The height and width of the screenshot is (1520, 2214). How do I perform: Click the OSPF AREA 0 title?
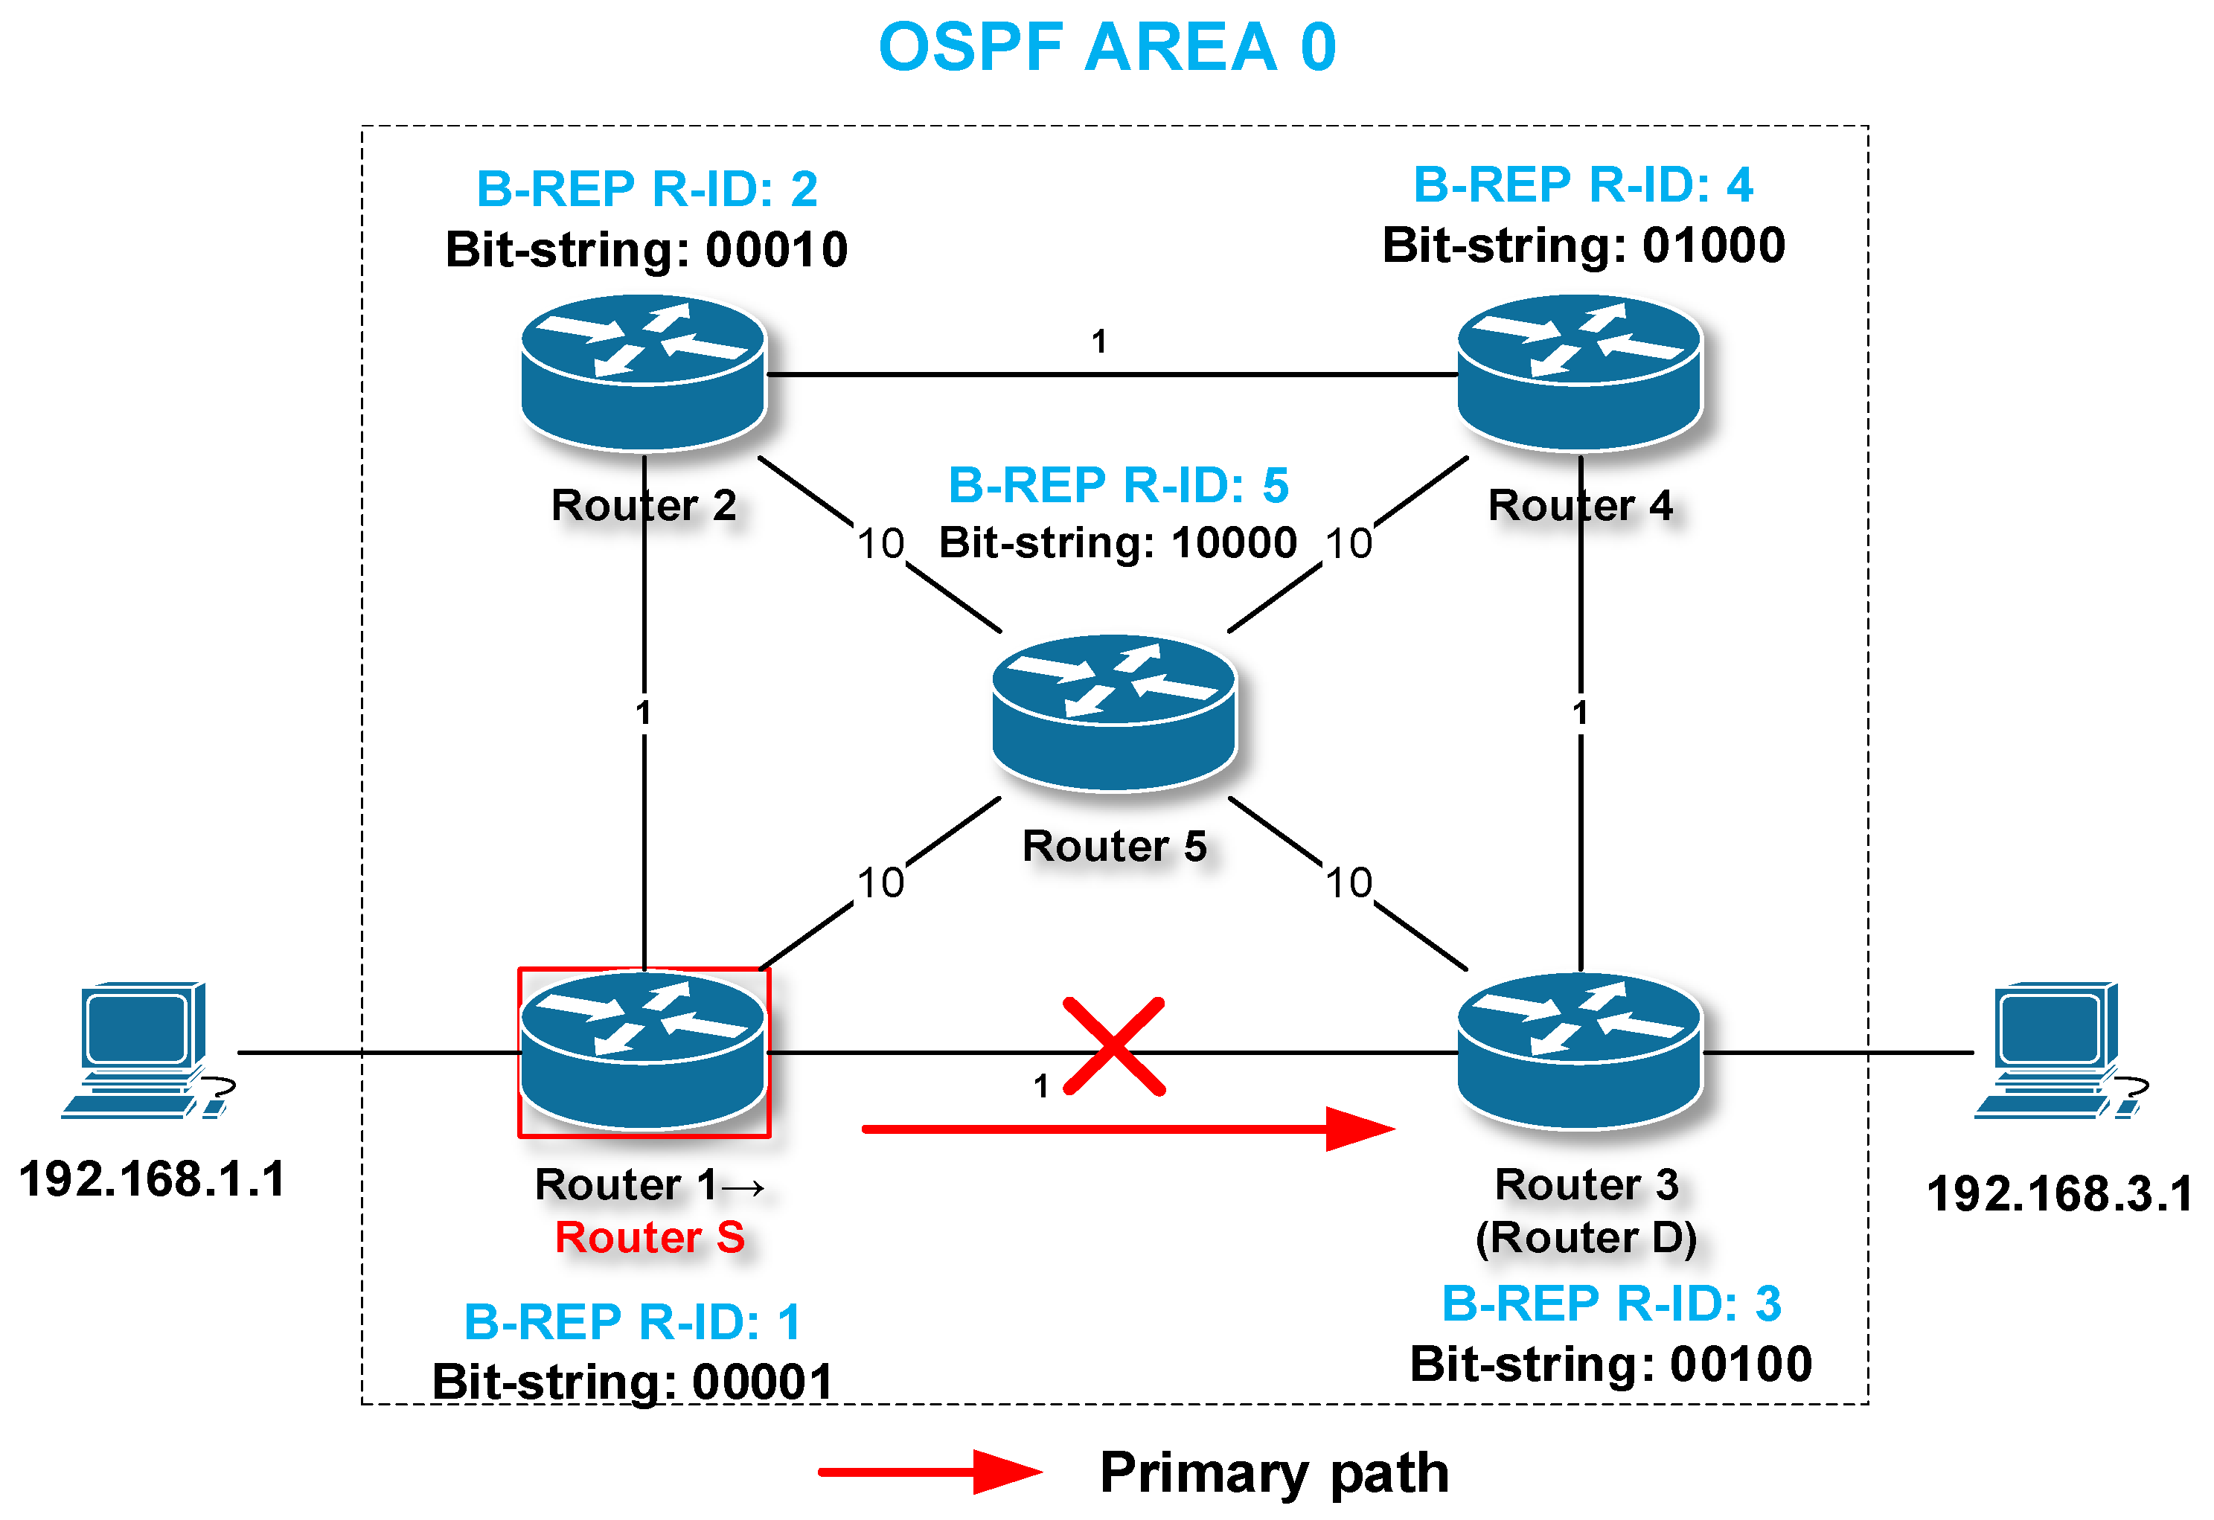1107,48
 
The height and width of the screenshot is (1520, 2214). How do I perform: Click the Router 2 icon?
644,373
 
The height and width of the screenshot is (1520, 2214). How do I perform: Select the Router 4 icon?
1579,373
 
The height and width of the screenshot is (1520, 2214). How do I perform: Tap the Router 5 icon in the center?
1113,712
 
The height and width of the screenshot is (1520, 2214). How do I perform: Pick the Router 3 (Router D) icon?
1579,1051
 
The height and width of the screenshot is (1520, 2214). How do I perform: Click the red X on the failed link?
1113,1047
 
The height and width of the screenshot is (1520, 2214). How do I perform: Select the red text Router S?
650,1238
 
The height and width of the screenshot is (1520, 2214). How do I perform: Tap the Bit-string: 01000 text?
1584,246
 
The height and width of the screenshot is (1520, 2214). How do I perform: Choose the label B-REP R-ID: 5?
1119,486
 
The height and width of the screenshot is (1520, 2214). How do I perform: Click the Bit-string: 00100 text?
1610,1364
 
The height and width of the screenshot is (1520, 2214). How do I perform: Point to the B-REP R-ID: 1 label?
633,1322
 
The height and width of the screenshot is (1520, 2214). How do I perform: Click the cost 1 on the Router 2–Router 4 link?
1099,341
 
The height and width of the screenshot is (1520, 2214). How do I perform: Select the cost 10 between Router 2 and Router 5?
880,544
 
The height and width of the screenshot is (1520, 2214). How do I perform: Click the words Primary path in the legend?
1275,1472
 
